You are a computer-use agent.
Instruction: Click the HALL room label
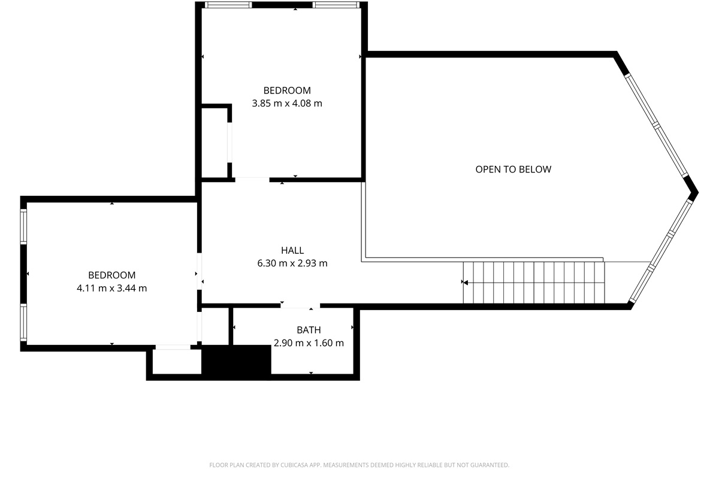click(292, 250)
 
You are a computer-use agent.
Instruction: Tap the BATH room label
click(309, 330)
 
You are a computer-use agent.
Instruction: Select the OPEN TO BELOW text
click(513, 169)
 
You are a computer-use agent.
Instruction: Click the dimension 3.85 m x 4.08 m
click(286, 104)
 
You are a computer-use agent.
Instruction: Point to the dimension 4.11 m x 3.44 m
click(111, 288)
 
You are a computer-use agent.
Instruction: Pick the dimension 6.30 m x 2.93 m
click(292, 263)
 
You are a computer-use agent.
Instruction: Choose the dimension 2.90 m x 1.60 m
click(309, 343)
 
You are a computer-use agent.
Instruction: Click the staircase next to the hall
click(534, 283)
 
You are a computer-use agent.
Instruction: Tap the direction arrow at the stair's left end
click(464, 283)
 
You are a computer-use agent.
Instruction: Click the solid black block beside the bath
click(236, 359)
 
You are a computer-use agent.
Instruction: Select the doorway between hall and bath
click(300, 306)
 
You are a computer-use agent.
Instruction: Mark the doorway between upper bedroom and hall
click(252, 180)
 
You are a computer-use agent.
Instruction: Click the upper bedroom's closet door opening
click(229, 142)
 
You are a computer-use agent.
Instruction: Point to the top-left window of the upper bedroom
click(228, 5)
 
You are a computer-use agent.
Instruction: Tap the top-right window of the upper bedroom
click(336, 5)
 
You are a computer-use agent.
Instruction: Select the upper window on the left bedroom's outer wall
click(23, 226)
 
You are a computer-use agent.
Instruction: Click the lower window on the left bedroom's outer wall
click(23, 322)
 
